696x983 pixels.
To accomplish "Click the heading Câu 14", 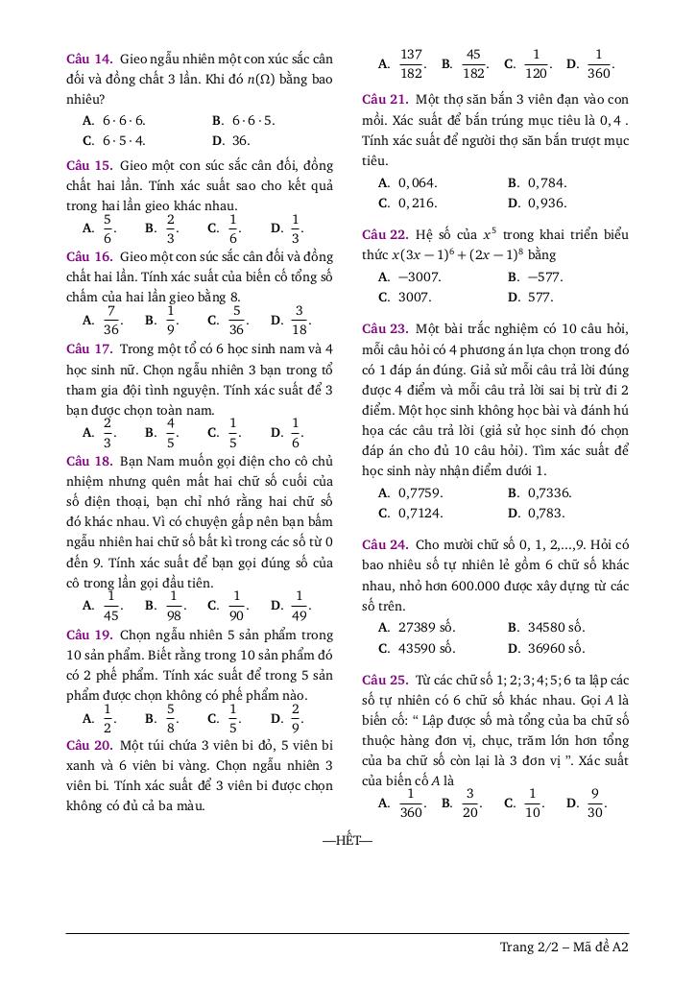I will [x=89, y=59].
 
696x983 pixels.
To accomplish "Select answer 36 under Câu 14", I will [x=241, y=140].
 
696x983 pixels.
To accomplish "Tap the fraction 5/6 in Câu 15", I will [x=108, y=228].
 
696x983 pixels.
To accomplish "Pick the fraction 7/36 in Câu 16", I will [x=111, y=321].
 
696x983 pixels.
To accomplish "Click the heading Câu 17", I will [x=89, y=348].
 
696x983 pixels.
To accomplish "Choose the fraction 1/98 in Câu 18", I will [x=174, y=606].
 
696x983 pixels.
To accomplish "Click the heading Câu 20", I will [x=89, y=745].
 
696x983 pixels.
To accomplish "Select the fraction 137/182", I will [x=412, y=64].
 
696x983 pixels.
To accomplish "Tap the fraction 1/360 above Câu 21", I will [x=598, y=64].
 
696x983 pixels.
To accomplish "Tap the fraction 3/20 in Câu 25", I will [x=470, y=803].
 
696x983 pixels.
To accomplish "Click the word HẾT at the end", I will [x=347, y=842].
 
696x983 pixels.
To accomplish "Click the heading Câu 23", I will [x=385, y=328].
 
